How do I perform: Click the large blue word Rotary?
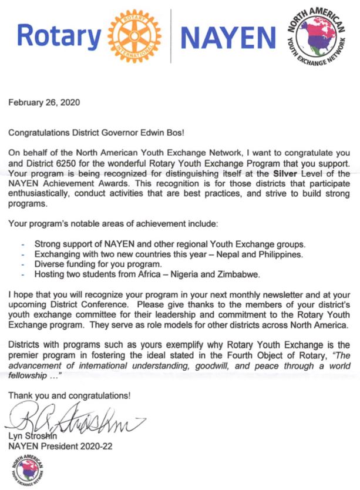pos(59,37)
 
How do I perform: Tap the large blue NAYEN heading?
pos(228,38)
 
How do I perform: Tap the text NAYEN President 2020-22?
pos(60,445)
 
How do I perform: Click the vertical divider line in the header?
pos(171,36)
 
